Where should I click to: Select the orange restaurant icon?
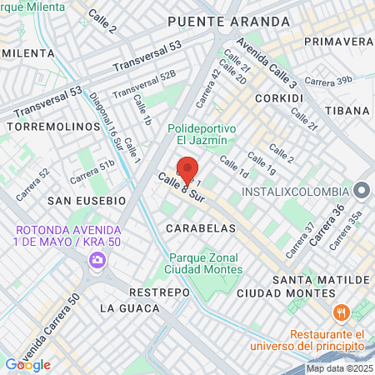340,312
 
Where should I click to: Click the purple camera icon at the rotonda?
97,261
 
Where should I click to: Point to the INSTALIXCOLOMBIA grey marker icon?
361,191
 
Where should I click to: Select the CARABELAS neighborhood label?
196,227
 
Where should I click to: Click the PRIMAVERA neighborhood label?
338,41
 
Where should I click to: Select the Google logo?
27,365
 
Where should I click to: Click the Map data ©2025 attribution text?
339,368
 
